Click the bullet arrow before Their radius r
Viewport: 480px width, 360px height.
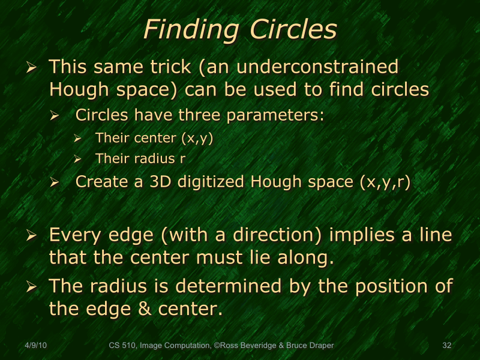pos(77,159)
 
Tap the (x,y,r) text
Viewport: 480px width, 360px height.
pos(384,182)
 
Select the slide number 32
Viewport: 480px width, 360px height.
pos(446,346)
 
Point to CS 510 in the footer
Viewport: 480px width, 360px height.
pos(122,346)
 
